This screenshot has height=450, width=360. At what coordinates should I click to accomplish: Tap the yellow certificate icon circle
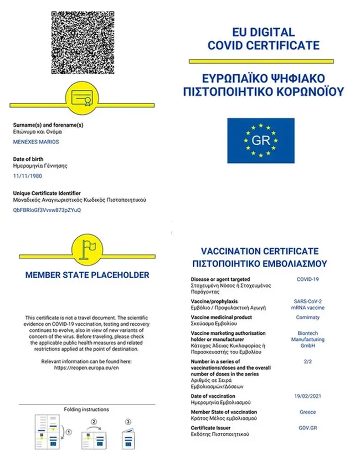pos(87,98)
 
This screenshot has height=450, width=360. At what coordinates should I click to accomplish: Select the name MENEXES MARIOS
pos(36,142)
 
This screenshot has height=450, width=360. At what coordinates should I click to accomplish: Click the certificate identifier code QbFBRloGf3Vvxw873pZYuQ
pos(47,210)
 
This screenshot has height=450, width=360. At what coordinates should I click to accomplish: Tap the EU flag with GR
pos(260,141)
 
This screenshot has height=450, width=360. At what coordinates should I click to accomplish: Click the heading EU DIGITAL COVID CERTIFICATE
pos(263,39)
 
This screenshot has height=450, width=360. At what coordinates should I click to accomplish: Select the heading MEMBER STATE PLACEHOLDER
pos(87,275)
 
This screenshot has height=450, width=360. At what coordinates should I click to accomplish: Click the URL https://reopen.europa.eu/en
pos(87,367)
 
